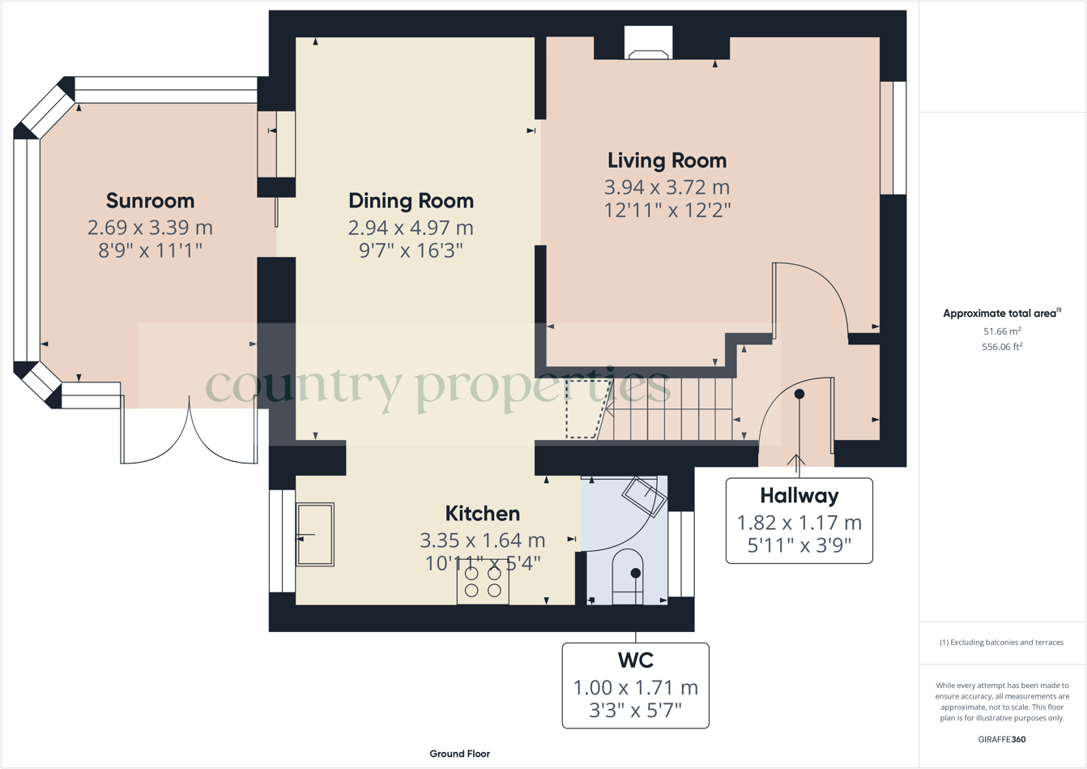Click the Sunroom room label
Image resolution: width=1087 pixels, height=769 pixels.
click(x=150, y=201)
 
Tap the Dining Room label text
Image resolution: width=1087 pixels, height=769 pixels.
click(x=411, y=201)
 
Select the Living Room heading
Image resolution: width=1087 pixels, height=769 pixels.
click(x=667, y=160)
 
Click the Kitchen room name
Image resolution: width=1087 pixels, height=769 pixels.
click(x=482, y=514)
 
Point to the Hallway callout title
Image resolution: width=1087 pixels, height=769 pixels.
click(x=799, y=495)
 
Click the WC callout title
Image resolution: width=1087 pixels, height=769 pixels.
click(x=635, y=660)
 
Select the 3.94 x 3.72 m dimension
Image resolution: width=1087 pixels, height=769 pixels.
click(x=667, y=187)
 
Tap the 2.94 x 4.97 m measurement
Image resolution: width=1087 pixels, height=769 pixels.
click(x=411, y=228)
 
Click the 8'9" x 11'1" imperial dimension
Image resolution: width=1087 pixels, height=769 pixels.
click(x=150, y=250)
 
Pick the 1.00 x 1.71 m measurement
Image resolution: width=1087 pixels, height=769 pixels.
click(x=635, y=688)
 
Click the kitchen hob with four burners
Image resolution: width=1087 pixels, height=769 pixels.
click(x=483, y=582)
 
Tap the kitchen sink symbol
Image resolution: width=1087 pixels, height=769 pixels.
click(x=315, y=535)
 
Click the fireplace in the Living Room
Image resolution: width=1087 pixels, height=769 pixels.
click(x=649, y=44)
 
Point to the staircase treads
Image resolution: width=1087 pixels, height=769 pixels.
click(x=672, y=409)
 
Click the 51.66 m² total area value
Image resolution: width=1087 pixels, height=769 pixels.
click(x=1001, y=331)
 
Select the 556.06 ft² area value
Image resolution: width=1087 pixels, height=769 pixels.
click(x=1001, y=347)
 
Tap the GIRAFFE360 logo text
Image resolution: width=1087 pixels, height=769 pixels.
click(x=1001, y=740)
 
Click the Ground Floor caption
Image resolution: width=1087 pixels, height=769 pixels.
click(x=459, y=754)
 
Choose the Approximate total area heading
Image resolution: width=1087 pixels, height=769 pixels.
click(x=1001, y=314)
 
